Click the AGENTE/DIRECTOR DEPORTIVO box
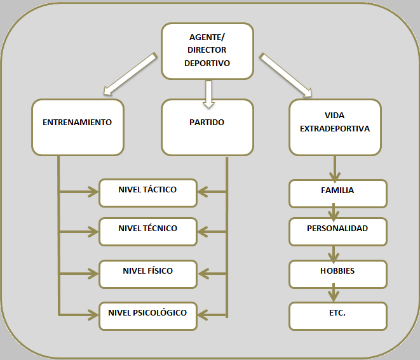pos(207,51)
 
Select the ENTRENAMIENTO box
pos(78,127)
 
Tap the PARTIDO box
pos(207,127)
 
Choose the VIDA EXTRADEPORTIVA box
pos(334,127)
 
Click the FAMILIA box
pos(337,193)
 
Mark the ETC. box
pos(337,316)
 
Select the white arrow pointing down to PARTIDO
pos(208,93)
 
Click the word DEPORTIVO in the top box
pos(207,63)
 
